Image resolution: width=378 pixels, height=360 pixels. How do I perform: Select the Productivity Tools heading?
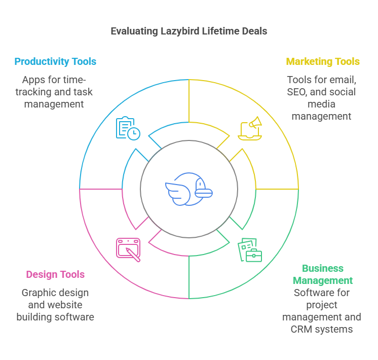(55, 62)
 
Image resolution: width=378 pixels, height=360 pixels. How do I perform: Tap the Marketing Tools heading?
(323, 62)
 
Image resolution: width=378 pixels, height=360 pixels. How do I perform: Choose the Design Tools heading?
(55, 275)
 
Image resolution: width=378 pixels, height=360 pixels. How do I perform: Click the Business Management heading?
(323, 274)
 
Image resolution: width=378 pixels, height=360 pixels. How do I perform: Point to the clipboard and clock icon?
(128, 128)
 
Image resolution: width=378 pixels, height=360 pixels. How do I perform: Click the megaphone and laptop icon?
(250, 128)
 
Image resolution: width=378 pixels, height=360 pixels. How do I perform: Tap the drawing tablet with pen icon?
(128, 249)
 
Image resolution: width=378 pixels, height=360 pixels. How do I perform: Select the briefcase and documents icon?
(250, 250)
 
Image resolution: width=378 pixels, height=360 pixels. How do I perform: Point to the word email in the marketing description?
(343, 80)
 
